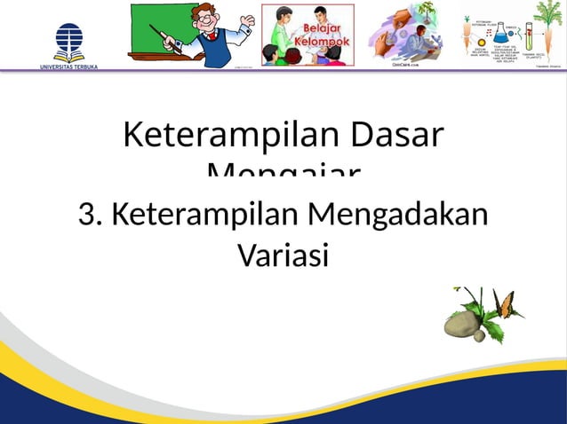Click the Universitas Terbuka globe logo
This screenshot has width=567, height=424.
click(x=69, y=39)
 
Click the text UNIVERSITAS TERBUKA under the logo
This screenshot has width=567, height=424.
click(x=69, y=67)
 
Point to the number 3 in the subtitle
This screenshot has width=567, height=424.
click(x=86, y=215)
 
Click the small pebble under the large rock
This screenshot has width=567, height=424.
click(x=478, y=336)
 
